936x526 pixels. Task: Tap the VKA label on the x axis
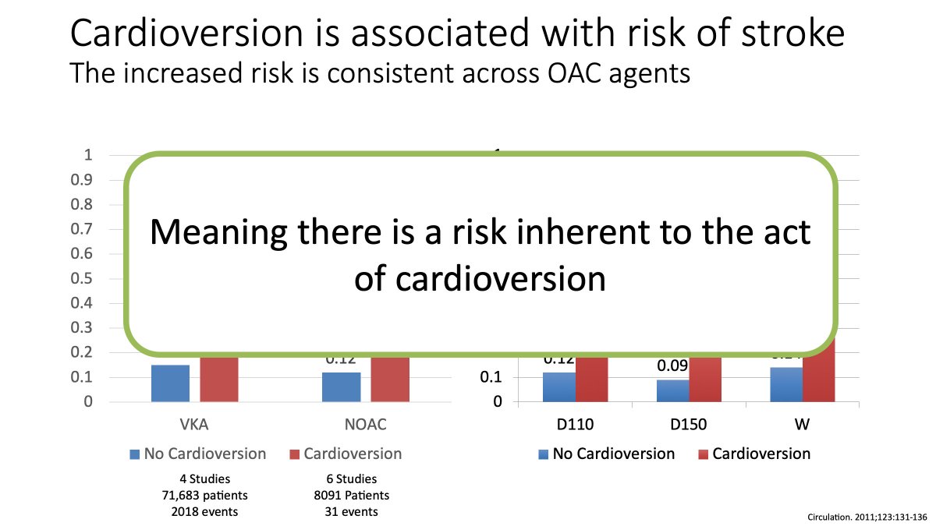(x=194, y=425)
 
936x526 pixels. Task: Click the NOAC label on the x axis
(x=365, y=425)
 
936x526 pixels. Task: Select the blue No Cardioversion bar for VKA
(x=170, y=383)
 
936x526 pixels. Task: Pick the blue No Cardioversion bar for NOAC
(x=342, y=387)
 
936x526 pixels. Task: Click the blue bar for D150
(x=672, y=391)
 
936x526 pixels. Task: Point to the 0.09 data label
(x=672, y=365)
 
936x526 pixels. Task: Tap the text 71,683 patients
(x=193, y=496)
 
